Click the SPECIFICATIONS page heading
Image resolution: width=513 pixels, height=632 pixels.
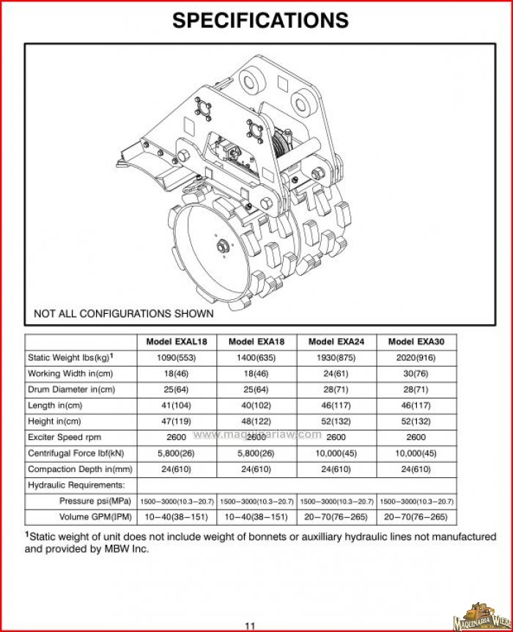[x=260, y=20]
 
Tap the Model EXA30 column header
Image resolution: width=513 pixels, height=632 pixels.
[x=416, y=342]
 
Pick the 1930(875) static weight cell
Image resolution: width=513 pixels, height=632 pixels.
[x=336, y=358]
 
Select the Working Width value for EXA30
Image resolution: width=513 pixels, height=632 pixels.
[x=416, y=373]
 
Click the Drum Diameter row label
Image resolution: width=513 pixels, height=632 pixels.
[x=71, y=389]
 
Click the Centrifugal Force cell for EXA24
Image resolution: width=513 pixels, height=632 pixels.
[x=336, y=453]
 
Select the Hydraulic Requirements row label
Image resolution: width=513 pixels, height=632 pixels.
[x=76, y=485]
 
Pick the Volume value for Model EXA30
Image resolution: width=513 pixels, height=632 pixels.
[x=416, y=517]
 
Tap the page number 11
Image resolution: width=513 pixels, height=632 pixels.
[x=250, y=625]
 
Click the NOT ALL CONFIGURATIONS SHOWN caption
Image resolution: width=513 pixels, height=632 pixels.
[x=124, y=314]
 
